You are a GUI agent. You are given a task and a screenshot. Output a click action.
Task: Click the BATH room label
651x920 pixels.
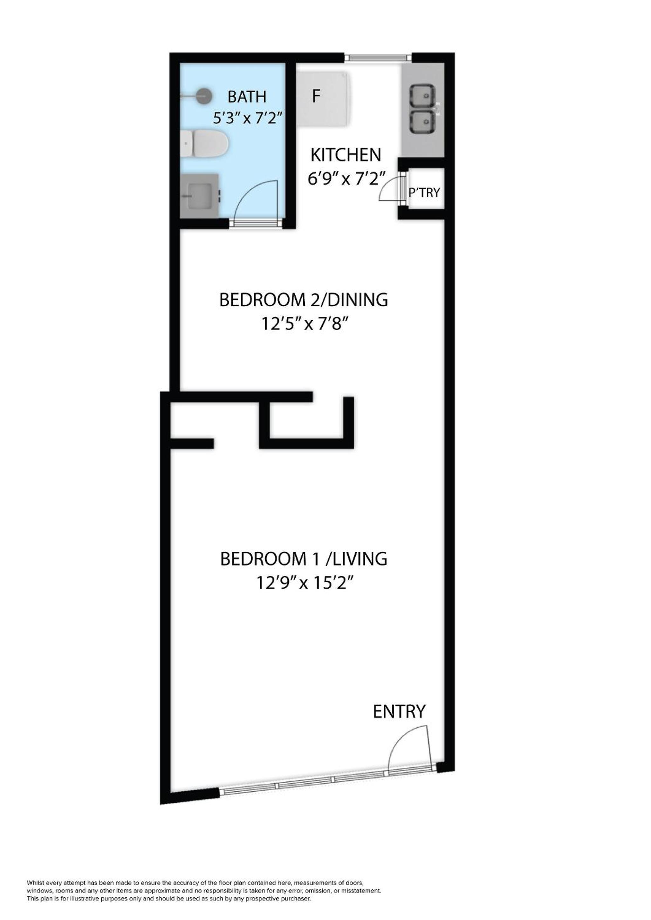(x=247, y=97)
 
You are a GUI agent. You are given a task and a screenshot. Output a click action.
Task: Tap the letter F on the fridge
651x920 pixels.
(x=316, y=97)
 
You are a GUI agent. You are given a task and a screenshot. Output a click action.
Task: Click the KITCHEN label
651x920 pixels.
(x=346, y=155)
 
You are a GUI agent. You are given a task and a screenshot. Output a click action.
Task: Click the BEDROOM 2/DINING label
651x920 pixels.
(x=304, y=300)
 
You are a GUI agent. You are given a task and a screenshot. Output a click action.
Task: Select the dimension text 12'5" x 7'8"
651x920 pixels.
(x=304, y=324)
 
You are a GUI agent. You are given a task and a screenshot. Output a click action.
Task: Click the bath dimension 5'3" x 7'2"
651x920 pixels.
(x=248, y=118)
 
